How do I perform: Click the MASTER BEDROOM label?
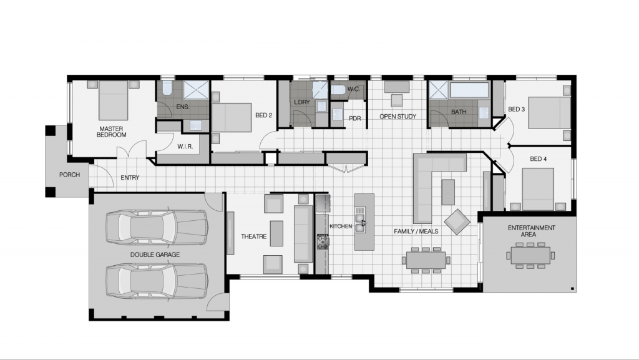click(x=112, y=132)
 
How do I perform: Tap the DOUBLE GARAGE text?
click(x=155, y=255)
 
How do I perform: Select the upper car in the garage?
click(x=156, y=226)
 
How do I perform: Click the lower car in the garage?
click(x=156, y=280)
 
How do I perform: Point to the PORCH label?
click(x=69, y=175)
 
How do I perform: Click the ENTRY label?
click(x=130, y=178)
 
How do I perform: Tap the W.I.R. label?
click(x=184, y=147)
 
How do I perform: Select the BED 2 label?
click(x=263, y=115)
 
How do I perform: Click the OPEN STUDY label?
click(x=398, y=117)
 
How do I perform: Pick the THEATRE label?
click(x=254, y=236)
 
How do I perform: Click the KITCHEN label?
click(x=341, y=226)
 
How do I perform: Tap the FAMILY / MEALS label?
click(x=416, y=231)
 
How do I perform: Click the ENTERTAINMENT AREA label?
click(x=531, y=231)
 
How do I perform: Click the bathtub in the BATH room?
click(x=469, y=89)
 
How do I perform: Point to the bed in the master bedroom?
click(x=113, y=100)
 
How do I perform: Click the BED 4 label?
click(x=538, y=159)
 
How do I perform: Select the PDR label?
click(x=355, y=119)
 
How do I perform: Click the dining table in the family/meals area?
click(x=426, y=260)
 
